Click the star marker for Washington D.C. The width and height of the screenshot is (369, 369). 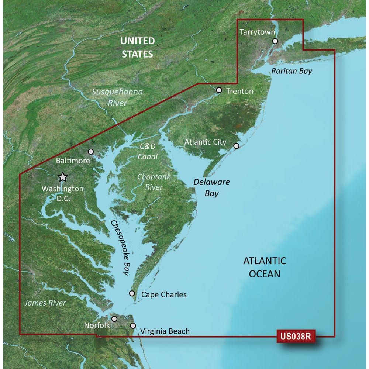click(x=63, y=177)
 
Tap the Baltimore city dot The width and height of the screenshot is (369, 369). click(x=91, y=151)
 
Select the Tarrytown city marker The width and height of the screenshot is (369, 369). click(x=274, y=41)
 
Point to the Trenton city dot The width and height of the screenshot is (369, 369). click(x=219, y=90)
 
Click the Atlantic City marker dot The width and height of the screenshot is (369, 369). click(x=237, y=146)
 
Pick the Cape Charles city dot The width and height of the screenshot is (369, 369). click(x=132, y=293)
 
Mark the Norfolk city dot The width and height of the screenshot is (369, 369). click(x=114, y=318)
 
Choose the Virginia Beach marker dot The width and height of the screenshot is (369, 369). click(x=133, y=325)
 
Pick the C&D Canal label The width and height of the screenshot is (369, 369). click(x=148, y=151)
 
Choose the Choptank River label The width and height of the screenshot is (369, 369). click(x=154, y=182)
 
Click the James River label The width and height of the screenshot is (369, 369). click(x=45, y=303)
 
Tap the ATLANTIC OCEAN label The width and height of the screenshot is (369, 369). click(x=265, y=267)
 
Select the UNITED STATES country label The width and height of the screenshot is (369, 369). click(x=137, y=47)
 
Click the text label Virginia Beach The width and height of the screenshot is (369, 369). click(x=165, y=331)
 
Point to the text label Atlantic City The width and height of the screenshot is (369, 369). click(x=206, y=142)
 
